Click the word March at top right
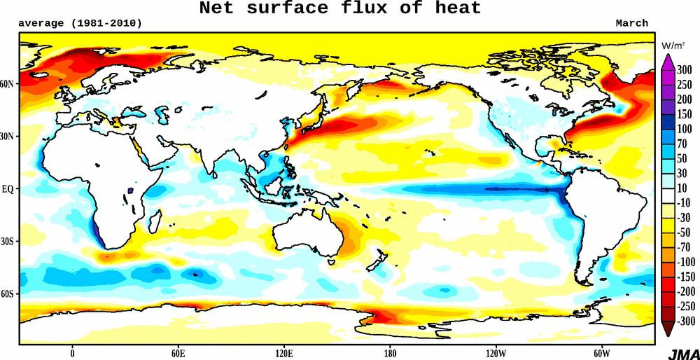631,23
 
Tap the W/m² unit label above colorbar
673,46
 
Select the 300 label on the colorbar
684,69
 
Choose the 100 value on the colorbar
684,130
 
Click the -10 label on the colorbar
682,202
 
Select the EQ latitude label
8,189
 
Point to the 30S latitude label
8,242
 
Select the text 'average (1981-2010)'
80,23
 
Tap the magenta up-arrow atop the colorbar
667,61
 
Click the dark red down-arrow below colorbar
667,328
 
